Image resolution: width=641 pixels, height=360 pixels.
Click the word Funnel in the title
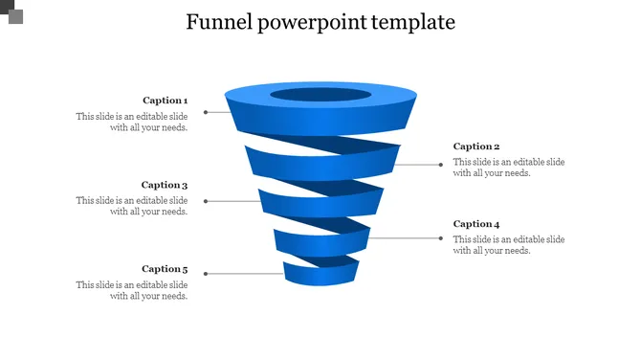pos(218,22)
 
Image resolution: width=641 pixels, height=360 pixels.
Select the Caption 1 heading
pos(165,101)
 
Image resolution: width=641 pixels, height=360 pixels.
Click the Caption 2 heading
pos(476,146)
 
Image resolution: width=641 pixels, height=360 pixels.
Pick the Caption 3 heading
pos(165,185)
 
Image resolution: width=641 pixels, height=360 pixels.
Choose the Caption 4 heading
pos(476,224)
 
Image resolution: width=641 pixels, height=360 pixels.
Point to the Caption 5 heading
pos(165,269)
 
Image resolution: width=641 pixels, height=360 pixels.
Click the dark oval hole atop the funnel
pos(320,95)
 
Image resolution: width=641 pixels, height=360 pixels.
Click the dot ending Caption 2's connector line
pos(441,165)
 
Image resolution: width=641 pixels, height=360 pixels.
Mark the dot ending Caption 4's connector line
pos(441,237)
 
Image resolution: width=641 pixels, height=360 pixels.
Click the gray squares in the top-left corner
pos(13,11)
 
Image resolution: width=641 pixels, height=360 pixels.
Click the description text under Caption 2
pos(509,168)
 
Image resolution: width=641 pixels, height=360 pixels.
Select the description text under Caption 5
pos(132,290)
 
